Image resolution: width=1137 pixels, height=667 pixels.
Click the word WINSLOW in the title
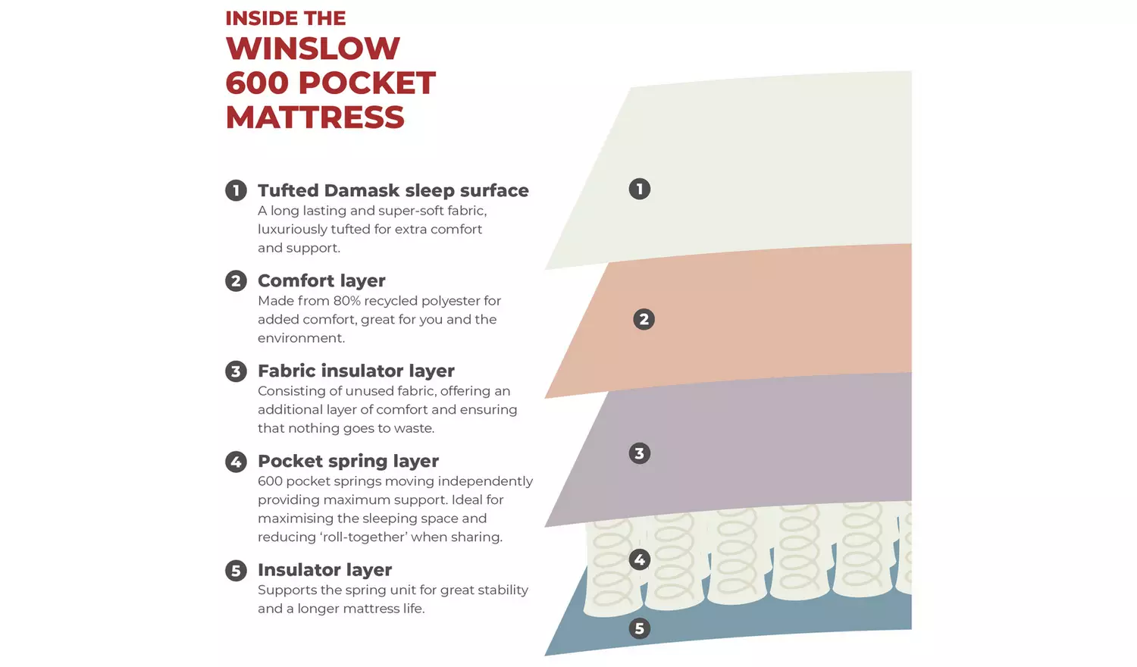coord(312,49)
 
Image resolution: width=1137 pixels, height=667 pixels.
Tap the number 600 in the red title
coord(258,83)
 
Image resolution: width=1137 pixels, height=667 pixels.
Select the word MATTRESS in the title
coord(315,117)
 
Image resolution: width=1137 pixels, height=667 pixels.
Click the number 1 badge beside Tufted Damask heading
coord(236,190)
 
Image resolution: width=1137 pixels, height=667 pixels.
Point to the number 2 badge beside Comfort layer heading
coord(236,280)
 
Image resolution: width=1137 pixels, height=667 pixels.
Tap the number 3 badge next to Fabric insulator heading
coord(236,371)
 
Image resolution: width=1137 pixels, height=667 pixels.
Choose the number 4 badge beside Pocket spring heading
coord(236,462)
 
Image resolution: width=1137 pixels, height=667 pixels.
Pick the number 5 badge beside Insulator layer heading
coord(236,571)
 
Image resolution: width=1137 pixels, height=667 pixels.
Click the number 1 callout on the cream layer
coord(640,189)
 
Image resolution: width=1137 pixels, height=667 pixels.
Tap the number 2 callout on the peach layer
coord(644,319)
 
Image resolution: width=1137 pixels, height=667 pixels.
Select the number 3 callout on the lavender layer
coord(640,453)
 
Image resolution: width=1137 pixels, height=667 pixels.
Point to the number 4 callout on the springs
coord(640,560)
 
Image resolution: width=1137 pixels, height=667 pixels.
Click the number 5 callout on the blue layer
coord(640,628)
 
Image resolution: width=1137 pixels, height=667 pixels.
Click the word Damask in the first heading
coord(362,190)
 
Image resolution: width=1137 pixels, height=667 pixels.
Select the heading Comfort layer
coord(322,280)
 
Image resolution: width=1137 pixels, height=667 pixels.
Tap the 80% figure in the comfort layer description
coord(346,301)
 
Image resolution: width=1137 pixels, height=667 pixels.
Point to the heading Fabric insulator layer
coord(356,371)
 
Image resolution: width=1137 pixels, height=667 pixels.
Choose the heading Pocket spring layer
coord(348,462)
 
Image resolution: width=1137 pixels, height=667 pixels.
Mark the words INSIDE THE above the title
coord(286,18)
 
